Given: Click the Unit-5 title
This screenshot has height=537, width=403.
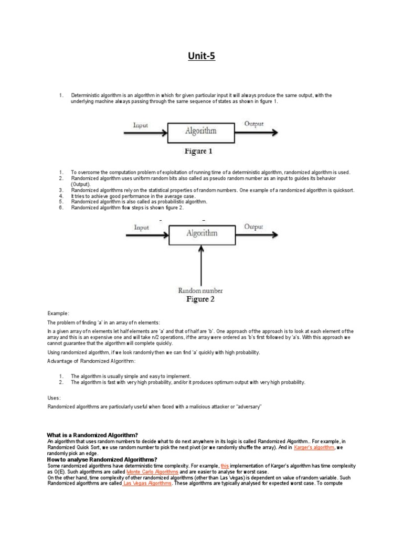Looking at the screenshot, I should [x=201, y=56].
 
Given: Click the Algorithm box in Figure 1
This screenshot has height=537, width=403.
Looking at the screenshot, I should [x=200, y=131].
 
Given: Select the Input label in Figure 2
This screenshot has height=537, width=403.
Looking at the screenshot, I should [x=142, y=227].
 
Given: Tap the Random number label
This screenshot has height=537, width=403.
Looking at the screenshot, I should [x=200, y=290].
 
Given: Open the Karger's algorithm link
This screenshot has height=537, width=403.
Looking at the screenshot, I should [x=314, y=447].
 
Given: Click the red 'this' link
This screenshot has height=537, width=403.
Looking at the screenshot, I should [x=225, y=466].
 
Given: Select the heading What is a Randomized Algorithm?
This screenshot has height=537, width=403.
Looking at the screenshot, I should [x=92, y=435].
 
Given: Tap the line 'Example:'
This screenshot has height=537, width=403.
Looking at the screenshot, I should [x=58, y=313].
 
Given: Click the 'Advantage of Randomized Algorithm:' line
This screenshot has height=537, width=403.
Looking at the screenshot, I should [x=92, y=361].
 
